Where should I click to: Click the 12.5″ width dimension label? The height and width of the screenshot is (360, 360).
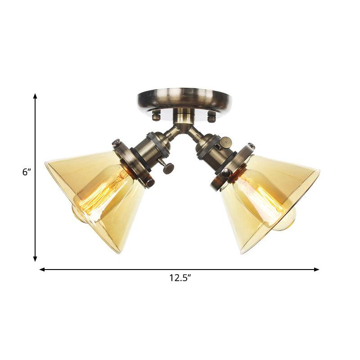point(180,279)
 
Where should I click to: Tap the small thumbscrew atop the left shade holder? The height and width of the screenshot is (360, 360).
point(116,143)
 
